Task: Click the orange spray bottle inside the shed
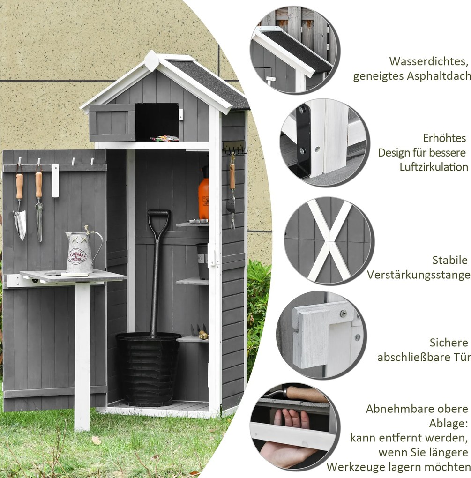click(x=203, y=194)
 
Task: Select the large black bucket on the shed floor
click(x=149, y=369)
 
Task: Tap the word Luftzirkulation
click(x=434, y=167)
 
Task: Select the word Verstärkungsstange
click(x=419, y=275)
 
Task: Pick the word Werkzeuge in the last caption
click(x=355, y=467)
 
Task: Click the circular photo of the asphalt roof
click(x=295, y=50)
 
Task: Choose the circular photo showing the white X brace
click(x=329, y=241)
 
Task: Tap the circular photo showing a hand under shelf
click(x=294, y=427)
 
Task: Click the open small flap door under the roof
click(x=112, y=123)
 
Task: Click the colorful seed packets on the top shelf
click(x=164, y=138)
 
